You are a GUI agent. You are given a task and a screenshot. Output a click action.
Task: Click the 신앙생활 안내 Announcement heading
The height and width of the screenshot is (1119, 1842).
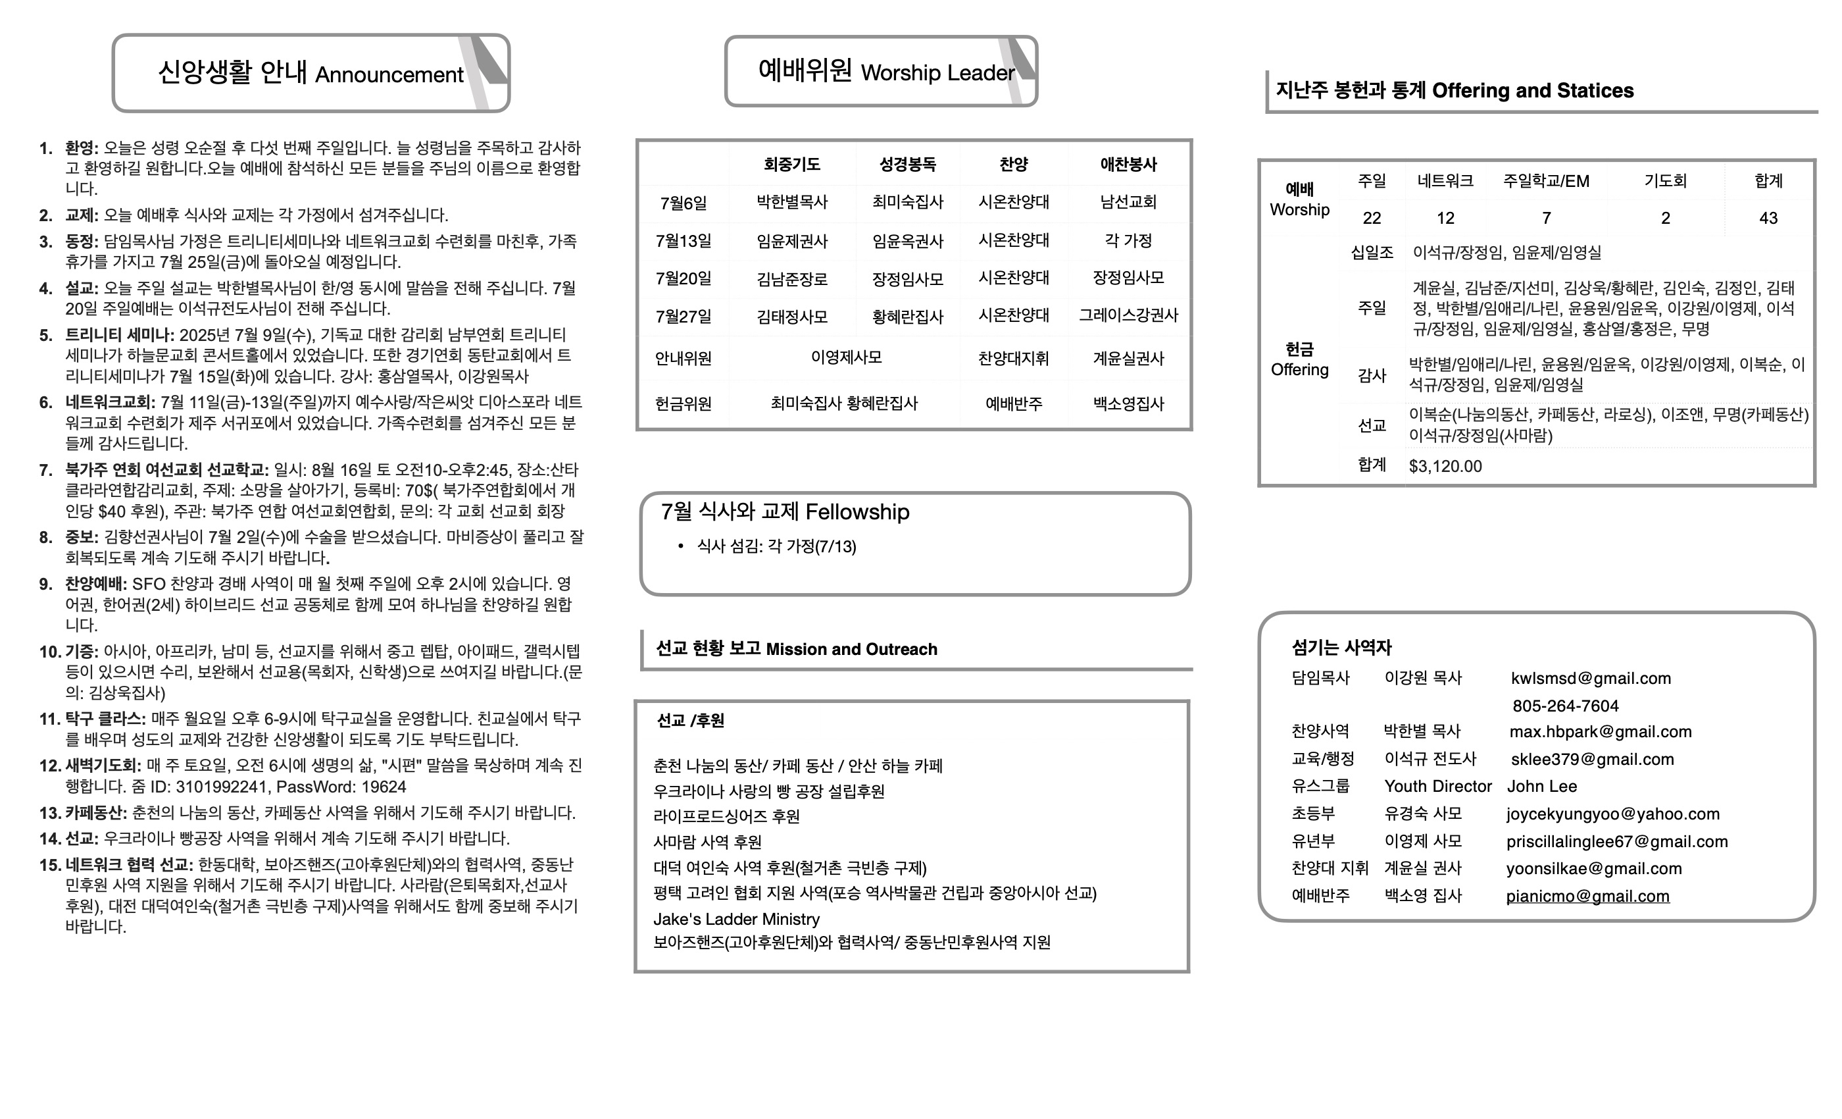point(311,73)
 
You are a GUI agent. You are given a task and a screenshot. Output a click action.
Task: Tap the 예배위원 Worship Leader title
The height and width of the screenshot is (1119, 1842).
point(886,72)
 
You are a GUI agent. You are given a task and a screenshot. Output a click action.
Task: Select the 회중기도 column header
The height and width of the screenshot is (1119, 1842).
point(791,164)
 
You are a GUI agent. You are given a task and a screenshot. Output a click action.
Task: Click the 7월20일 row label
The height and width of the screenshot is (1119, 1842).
point(684,278)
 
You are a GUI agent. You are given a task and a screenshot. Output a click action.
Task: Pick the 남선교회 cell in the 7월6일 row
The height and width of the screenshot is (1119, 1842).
point(1128,202)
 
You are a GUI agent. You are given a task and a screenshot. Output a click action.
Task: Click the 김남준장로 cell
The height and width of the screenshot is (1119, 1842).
point(791,279)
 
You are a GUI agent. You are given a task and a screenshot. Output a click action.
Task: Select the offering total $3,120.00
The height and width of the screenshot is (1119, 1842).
point(1445,467)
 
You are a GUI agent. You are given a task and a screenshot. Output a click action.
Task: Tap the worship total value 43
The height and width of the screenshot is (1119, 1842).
point(1768,218)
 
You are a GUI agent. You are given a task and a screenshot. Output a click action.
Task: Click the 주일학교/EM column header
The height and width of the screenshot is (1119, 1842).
point(1546,181)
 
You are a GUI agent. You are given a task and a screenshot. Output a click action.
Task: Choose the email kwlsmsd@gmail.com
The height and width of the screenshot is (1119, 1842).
point(1591,679)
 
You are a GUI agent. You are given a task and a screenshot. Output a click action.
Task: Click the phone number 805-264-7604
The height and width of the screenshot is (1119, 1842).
point(1566,706)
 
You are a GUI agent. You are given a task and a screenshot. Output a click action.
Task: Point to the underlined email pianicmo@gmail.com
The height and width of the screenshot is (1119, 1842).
point(1587,896)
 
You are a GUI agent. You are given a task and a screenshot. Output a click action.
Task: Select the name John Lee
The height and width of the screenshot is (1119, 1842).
point(1541,786)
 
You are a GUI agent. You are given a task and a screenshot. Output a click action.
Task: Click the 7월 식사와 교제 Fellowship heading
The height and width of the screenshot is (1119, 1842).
point(785,511)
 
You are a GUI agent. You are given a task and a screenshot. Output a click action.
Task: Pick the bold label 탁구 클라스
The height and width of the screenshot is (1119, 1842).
point(105,719)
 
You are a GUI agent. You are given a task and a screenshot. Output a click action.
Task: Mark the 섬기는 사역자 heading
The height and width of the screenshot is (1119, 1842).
point(1341,647)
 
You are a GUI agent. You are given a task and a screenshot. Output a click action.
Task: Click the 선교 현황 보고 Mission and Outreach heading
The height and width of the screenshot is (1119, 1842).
point(796,648)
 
